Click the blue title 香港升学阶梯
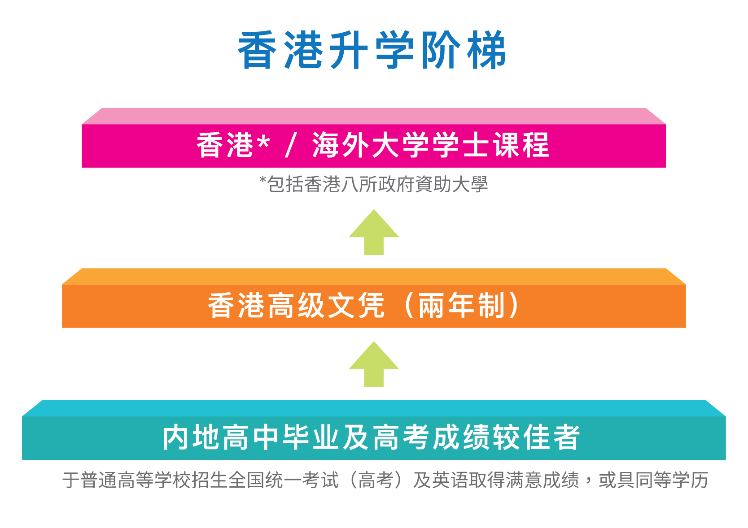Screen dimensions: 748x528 pyautogui.click(x=372, y=50)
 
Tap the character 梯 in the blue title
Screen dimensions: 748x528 pyautogui.click(x=486, y=50)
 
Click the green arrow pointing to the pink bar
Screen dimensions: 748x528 pyautogui.click(x=374, y=232)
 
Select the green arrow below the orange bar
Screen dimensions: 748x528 pyautogui.click(x=374, y=364)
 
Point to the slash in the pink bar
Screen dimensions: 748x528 pyautogui.click(x=291, y=145)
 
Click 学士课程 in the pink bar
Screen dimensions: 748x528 pyautogui.click(x=491, y=145)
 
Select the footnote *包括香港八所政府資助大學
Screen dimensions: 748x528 pyautogui.click(x=374, y=184)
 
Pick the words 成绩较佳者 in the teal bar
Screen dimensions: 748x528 pyautogui.click(x=506, y=437)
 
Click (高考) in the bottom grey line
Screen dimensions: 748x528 pyautogui.click(x=375, y=480)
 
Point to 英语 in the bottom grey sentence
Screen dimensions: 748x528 pyautogui.click(x=450, y=480)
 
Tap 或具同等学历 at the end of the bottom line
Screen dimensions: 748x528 pyautogui.click(x=653, y=480)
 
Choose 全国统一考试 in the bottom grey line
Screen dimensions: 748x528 pyautogui.click(x=284, y=480)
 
